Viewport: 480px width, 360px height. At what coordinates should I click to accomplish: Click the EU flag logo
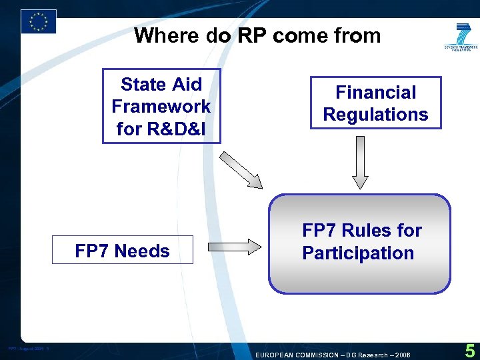coord(38,21)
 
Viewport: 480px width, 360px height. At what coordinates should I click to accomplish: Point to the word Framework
coord(161,106)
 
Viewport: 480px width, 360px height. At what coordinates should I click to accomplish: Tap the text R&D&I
coord(161,129)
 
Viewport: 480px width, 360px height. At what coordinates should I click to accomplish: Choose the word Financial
coord(375,92)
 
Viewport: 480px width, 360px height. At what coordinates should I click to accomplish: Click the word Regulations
coord(375,115)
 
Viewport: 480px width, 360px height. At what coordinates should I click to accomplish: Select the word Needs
coord(141,251)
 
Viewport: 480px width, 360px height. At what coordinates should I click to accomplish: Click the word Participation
coord(358,253)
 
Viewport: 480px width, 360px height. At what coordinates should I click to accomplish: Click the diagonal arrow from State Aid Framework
coord(241,170)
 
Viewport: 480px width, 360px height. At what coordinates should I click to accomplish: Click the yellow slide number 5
coord(469,351)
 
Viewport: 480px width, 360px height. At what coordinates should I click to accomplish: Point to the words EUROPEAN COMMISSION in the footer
coord(297,355)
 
